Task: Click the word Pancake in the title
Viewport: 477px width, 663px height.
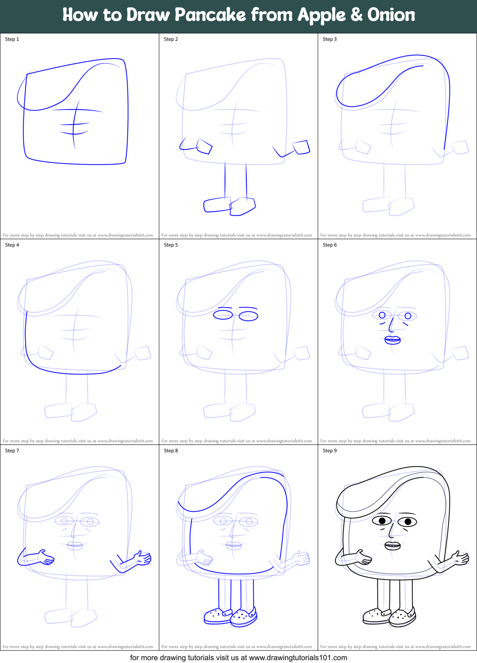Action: pos(210,15)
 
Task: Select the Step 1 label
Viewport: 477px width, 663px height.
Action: pos(12,39)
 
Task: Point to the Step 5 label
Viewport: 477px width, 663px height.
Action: pos(171,245)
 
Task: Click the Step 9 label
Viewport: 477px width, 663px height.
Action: pos(330,451)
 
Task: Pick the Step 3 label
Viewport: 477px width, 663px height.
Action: pos(330,39)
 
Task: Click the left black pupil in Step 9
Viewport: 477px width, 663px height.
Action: pos(382,521)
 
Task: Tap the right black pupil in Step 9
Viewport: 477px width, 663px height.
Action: pos(408,522)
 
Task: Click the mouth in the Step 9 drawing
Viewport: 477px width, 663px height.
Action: pos(392,546)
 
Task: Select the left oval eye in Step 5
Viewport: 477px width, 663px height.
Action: pos(223,315)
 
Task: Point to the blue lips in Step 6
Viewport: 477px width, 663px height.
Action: pos(392,340)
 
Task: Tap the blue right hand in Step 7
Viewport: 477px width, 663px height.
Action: pos(142,558)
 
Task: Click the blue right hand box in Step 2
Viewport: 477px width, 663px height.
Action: pos(302,147)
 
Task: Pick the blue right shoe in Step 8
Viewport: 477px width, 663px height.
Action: pos(244,617)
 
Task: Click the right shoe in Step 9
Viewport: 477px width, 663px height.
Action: pos(402,617)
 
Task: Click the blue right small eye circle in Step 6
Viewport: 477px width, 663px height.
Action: pos(408,316)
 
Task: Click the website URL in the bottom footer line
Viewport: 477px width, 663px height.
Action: pos(298,658)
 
